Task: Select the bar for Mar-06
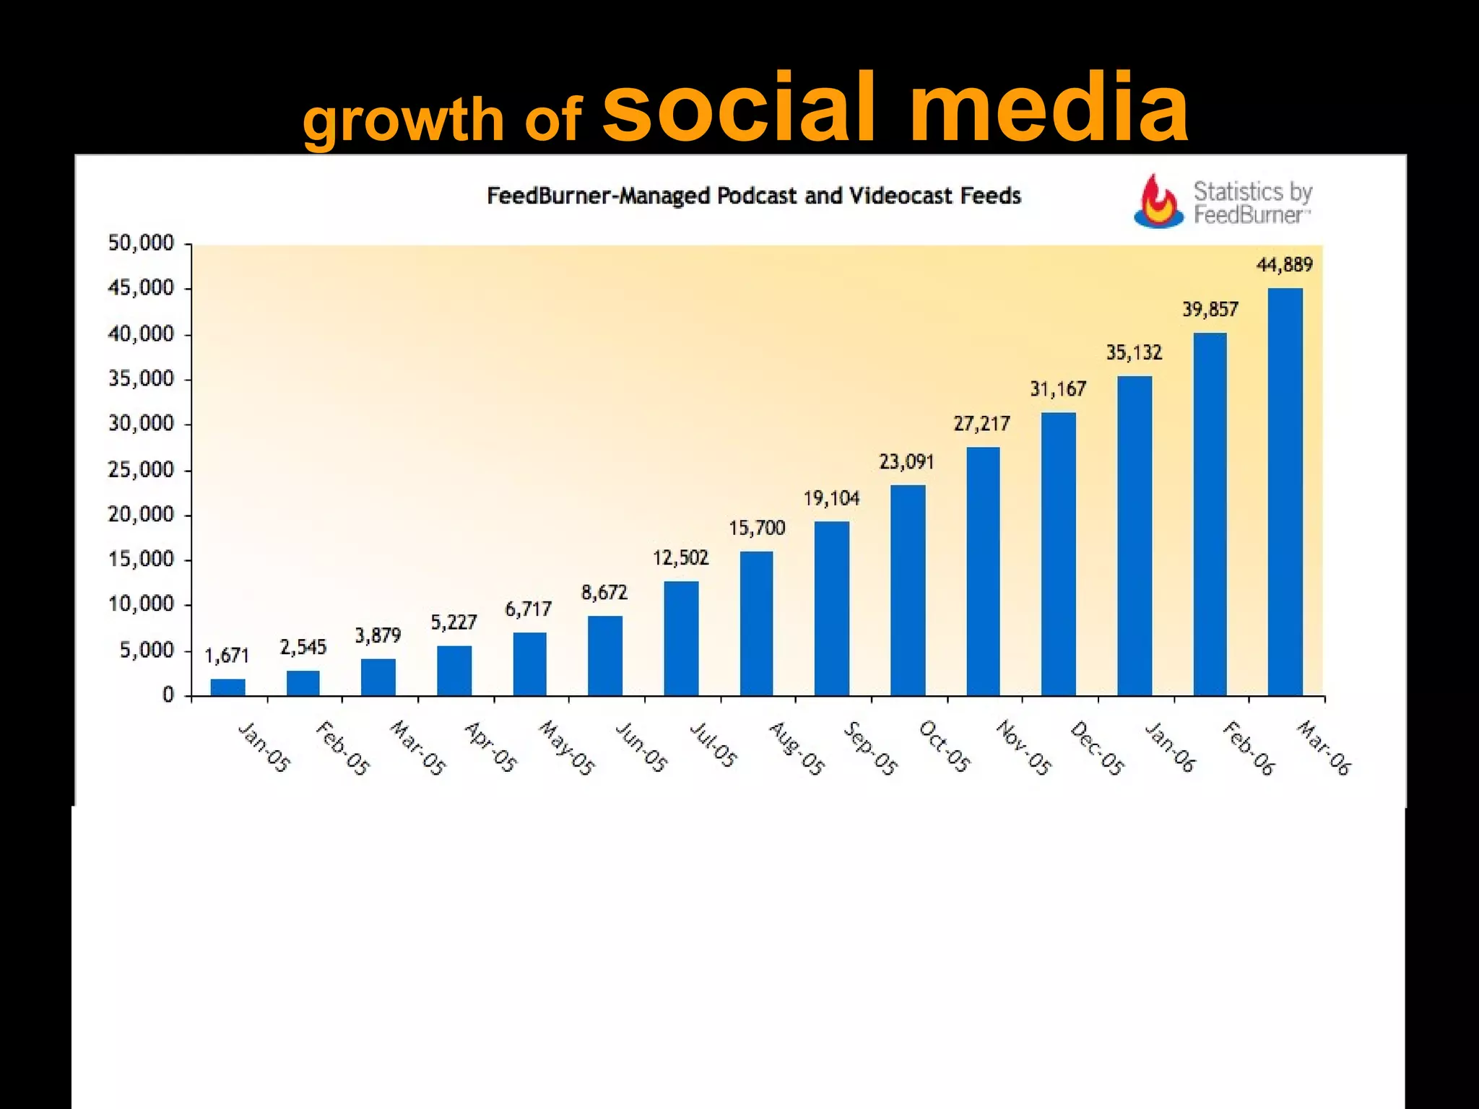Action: point(1285,492)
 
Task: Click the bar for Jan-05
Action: point(227,687)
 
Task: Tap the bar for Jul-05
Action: point(681,638)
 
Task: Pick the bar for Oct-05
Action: point(908,590)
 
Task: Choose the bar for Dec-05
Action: point(1059,554)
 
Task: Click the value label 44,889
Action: point(1284,265)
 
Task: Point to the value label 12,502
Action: point(681,557)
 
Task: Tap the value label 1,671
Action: point(227,656)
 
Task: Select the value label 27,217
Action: point(981,423)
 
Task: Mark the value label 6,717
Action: point(528,609)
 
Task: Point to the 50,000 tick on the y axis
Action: point(142,243)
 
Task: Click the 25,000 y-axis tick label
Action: point(142,470)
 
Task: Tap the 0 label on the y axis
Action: point(168,695)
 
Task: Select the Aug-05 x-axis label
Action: point(795,748)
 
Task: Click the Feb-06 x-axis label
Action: point(1249,748)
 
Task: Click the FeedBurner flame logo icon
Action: point(1158,201)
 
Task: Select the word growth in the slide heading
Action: point(403,120)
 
